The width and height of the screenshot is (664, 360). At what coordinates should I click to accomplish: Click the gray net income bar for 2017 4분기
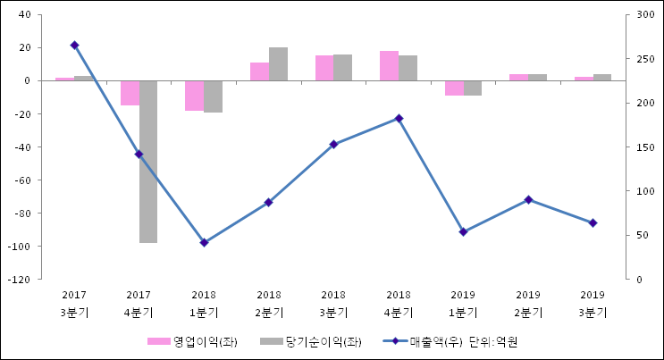[x=148, y=161]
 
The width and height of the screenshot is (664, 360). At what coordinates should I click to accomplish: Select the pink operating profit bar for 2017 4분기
[x=130, y=93]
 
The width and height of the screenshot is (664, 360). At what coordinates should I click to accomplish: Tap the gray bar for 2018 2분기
[x=278, y=64]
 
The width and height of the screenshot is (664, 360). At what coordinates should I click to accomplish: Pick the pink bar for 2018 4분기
[x=389, y=66]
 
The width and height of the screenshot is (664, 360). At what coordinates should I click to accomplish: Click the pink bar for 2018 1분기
[x=194, y=96]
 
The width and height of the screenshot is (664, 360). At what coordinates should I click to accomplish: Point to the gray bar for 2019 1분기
[x=472, y=88]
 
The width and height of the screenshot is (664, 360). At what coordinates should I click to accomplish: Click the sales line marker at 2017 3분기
[x=74, y=45]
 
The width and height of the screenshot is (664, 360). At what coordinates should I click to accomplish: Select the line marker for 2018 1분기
[x=204, y=242]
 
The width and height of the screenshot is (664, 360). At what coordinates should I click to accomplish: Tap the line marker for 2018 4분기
[x=399, y=118]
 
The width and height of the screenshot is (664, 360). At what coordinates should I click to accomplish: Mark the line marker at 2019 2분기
[x=528, y=199]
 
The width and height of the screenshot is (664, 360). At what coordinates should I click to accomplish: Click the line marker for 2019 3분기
[x=593, y=222]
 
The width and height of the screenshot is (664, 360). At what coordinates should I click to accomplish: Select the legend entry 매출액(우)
[x=426, y=341]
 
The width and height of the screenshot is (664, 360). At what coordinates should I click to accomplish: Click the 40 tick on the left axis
[x=24, y=15]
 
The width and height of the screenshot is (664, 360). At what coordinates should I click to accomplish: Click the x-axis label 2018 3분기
[x=333, y=303]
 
